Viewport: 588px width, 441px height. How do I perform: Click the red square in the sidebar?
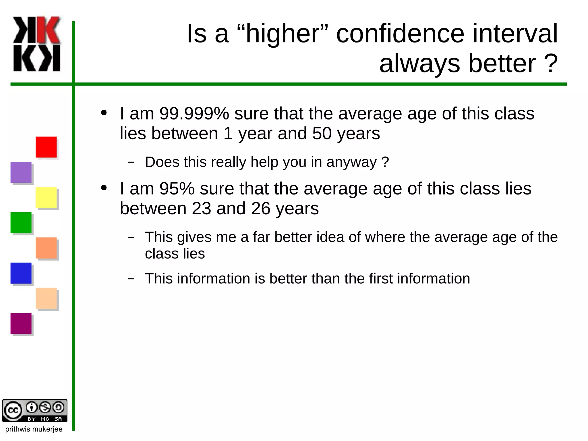46,147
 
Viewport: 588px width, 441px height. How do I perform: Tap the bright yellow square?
46,197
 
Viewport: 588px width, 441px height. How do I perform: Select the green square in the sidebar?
21,223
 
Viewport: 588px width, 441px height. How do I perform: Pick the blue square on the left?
21,273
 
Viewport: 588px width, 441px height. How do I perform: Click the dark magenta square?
21,323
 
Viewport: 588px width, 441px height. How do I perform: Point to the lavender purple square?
21,172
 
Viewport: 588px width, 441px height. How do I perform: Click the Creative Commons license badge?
34,411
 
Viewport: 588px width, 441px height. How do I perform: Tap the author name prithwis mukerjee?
34,429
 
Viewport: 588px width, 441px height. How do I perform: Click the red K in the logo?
49,30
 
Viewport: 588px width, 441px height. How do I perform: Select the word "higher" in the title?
283,34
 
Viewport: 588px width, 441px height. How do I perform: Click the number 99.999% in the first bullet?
194,113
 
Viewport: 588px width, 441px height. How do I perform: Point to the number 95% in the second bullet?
177,188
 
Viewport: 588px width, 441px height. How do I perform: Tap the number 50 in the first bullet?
322,133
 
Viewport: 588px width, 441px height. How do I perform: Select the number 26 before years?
261,208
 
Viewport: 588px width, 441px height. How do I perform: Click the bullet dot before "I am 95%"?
104,188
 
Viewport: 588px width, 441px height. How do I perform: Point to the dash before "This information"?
131,279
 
